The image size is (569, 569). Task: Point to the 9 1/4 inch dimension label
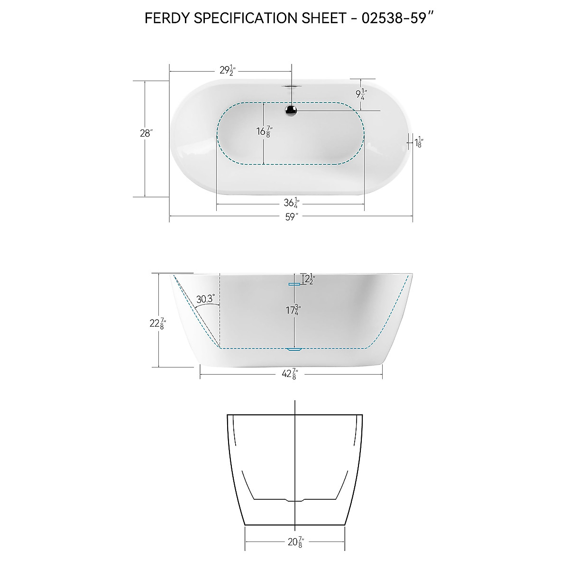(x=362, y=94)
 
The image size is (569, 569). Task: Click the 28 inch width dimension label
(x=145, y=133)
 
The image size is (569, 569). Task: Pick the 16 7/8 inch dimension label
(x=264, y=131)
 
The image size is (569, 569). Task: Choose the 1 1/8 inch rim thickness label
(x=419, y=141)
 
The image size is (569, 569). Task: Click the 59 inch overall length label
(x=291, y=218)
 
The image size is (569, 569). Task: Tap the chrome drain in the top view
(x=291, y=110)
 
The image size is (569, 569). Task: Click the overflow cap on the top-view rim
(x=291, y=86)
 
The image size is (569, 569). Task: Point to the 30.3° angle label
(x=205, y=299)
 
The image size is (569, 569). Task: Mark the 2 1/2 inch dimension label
(x=309, y=280)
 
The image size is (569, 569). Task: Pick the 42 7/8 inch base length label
(x=289, y=374)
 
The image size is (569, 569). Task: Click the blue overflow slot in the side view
(x=294, y=284)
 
